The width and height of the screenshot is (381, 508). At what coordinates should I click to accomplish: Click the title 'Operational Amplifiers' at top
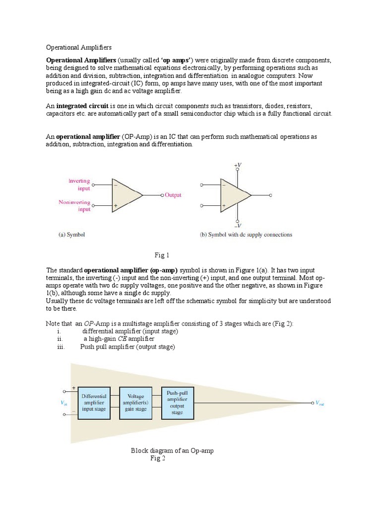pos(79,48)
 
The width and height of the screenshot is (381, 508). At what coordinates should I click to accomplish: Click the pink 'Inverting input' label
pos(79,185)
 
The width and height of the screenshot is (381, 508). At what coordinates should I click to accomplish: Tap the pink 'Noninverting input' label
pos(74,206)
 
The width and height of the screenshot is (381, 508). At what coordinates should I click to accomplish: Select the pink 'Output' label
pos(173,195)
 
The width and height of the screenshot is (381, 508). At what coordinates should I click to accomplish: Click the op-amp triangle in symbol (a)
pos(125,195)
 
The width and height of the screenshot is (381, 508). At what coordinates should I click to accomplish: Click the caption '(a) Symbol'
pos(69,235)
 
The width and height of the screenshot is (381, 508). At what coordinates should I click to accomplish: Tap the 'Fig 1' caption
pos(162,255)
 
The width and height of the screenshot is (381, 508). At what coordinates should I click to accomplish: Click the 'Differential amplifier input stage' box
pos(94,403)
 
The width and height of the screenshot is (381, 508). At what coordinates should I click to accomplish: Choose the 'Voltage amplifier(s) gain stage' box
pos(136,403)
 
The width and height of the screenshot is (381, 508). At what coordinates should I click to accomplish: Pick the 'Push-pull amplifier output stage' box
pos(177,402)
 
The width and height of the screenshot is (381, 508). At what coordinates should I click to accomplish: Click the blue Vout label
pos(320,403)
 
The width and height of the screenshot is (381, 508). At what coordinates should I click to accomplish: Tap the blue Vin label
pos(63,403)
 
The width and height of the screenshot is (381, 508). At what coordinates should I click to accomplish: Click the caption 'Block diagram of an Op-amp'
pos(172,450)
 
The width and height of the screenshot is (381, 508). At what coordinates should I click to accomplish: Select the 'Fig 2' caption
pos(158,458)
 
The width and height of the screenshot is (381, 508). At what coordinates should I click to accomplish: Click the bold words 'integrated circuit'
pos(79,106)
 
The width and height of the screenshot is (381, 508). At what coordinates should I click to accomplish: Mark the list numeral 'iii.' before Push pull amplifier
pos(62,347)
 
